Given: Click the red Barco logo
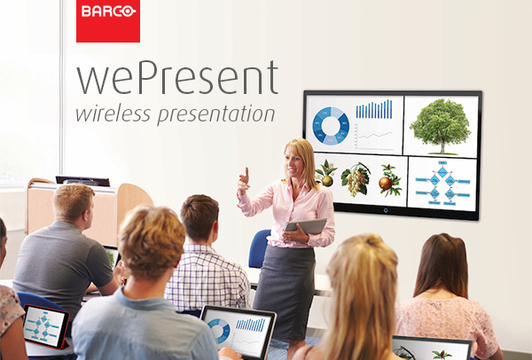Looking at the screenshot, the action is point(108,21).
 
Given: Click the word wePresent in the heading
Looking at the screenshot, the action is point(177,78).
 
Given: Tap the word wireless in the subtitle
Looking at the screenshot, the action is point(113,113).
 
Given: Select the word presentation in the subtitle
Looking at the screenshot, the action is point(216,114).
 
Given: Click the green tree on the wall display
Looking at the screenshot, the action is point(441,127).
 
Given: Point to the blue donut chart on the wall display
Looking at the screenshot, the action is point(331,126).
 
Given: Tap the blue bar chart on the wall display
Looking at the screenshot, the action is point(374,109).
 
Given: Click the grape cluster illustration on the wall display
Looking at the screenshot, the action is point(356,179).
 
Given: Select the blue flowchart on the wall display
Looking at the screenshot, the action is point(442,184).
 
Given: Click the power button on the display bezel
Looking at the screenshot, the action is point(386,211).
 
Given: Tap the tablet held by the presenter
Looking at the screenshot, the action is point(305,226).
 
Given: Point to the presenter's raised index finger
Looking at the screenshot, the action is point(246,172).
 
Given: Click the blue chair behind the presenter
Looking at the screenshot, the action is point(260,248).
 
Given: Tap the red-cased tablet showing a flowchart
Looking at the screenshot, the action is point(45,326).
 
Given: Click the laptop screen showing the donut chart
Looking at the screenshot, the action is point(238,332).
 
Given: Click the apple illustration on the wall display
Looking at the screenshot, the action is point(389,181).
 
